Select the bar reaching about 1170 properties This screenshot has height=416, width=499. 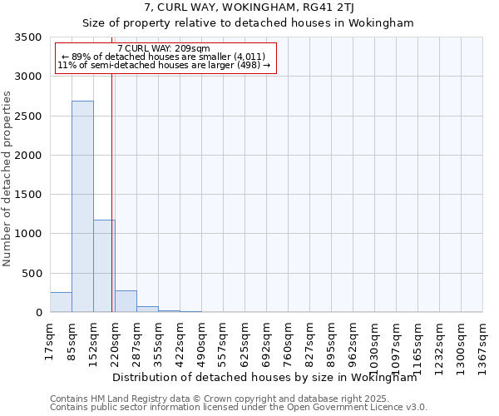104,266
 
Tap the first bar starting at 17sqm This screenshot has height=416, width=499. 61,303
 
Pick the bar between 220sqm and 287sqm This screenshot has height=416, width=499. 126,302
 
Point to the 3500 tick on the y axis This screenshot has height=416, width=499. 30,38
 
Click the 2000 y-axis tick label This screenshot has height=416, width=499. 30,156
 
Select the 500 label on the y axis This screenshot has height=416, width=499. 33,274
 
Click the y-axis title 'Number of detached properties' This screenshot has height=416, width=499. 8,179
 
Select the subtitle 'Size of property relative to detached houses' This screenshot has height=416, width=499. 249,23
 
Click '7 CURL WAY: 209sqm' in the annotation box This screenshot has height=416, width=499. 164,49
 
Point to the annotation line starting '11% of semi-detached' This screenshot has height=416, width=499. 164,65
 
